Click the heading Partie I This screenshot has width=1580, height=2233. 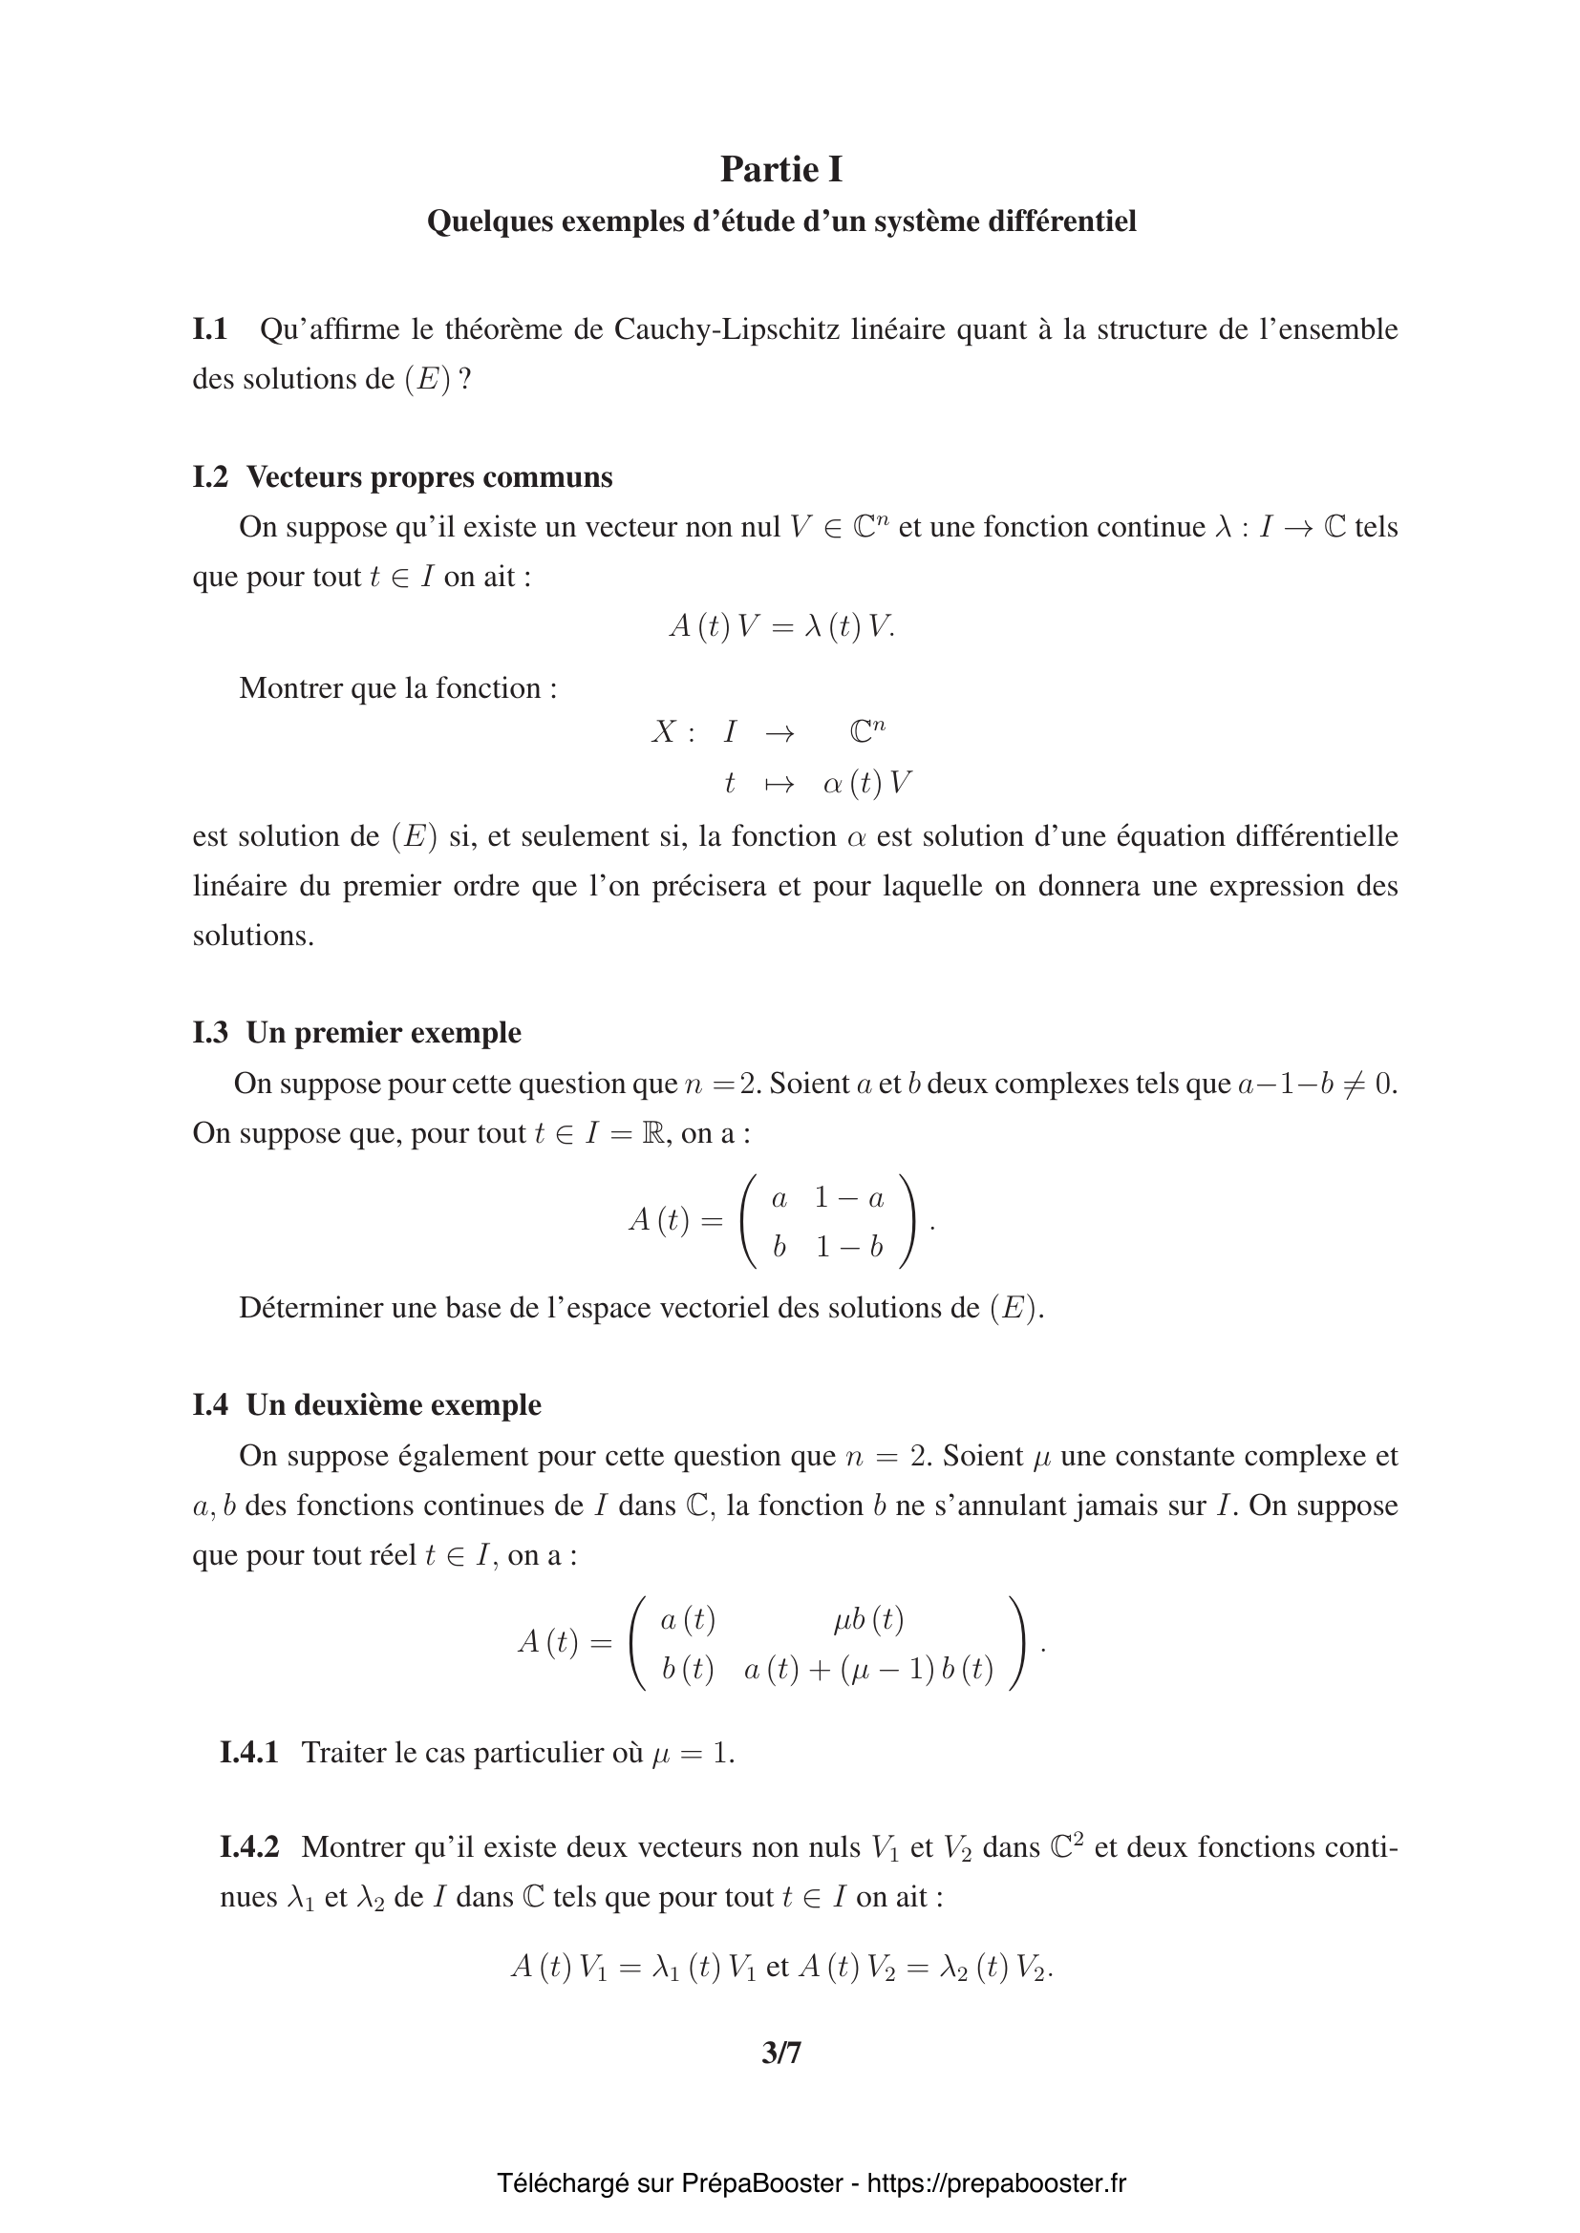pyautogui.click(x=781, y=169)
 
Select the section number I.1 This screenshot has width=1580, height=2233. pyautogui.click(x=209, y=329)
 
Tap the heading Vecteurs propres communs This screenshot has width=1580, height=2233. pyautogui.click(x=429, y=476)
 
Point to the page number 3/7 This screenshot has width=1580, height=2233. pyautogui.click(x=781, y=2054)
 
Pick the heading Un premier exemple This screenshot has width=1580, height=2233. pyautogui.click(x=383, y=1032)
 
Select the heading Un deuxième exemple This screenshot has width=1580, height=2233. pyautogui.click(x=393, y=1404)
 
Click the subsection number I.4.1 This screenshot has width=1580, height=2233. pyautogui.click(x=249, y=1753)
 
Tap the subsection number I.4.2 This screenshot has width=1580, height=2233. pyautogui.click(x=249, y=1847)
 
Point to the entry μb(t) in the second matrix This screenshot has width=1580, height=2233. pyautogui.click(x=867, y=1619)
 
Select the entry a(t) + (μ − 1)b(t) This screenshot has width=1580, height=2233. pyautogui.click(x=867, y=1669)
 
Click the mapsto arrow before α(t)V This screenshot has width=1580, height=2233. pyautogui.click(x=779, y=784)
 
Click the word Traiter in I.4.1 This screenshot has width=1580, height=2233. pyautogui.click(x=344, y=1753)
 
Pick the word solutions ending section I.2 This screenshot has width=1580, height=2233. pyautogui.click(x=253, y=936)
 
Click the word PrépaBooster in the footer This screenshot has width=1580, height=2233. pyautogui.click(x=760, y=2183)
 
